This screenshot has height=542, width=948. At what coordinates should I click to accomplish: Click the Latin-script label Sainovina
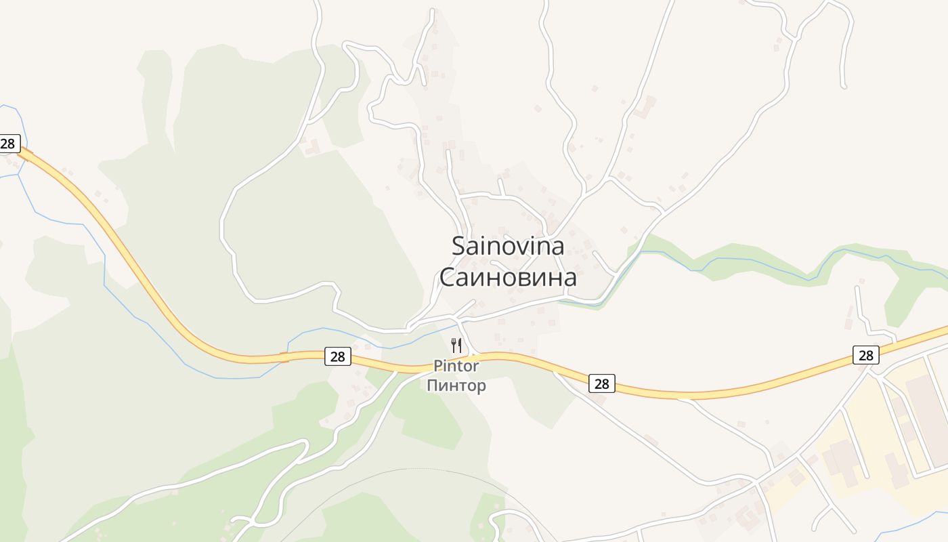[508, 245]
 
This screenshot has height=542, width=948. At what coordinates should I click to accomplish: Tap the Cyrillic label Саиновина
[508, 277]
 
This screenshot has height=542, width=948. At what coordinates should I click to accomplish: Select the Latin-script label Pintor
[456, 367]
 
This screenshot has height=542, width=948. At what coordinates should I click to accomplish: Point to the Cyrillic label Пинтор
[456, 386]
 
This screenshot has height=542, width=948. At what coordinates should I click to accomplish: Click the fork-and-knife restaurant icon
[456, 346]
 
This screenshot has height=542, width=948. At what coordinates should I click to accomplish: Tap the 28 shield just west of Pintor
[338, 356]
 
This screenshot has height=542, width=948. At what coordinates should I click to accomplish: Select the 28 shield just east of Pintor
[601, 383]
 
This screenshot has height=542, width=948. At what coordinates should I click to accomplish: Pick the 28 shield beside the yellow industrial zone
[865, 354]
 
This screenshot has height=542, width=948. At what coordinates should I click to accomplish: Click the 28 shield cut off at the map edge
[8, 144]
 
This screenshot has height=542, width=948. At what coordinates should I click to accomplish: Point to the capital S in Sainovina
[459, 246]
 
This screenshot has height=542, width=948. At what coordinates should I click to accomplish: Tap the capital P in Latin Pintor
[438, 367]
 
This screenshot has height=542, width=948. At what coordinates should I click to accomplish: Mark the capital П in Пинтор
[432, 386]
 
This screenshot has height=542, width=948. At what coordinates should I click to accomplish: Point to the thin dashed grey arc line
[406, 470]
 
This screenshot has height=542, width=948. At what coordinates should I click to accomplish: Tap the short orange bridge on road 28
[285, 356]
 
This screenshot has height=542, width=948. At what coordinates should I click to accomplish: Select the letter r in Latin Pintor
[475, 367]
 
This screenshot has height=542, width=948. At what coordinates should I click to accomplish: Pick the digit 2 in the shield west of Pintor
[334, 356]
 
